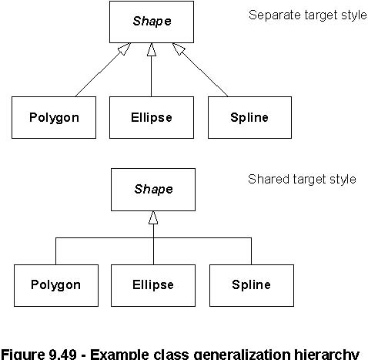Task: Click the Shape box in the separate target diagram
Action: click(x=152, y=22)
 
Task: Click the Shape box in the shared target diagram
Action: click(x=153, y=190)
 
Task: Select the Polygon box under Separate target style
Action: click(x=54, y=117)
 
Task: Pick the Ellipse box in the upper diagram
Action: click(x=152, y=117)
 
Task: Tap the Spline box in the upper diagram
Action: click(x=249, y=117)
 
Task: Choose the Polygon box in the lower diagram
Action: click(x=56, y=285)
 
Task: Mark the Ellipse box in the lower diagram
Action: click(x=153, y=285)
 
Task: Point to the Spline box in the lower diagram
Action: click(x=252, y=285)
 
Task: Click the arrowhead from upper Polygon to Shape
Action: click(x=124, y=49)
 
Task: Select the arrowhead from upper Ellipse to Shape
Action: click(x=152, y=49)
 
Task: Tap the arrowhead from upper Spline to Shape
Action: click(x=179, y=49)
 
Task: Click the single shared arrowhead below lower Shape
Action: click(x=153, y=217)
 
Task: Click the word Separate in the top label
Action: click(x=274, y=15)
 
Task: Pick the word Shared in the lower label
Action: click(x=269, y=179)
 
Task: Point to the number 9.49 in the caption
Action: click(x=62, y=354)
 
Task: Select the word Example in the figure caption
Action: click(x=119, y=355)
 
